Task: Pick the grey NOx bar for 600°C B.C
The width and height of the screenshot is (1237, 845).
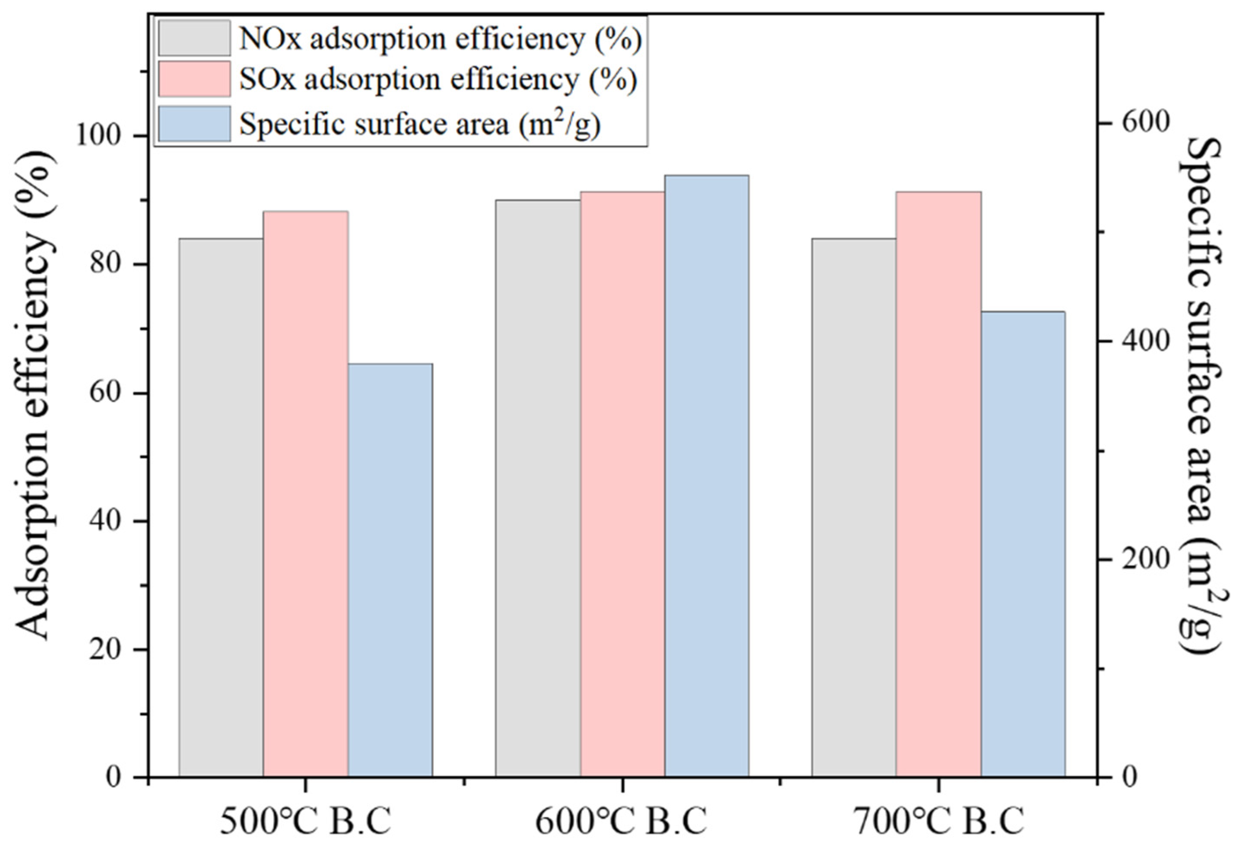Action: tap(538, 489)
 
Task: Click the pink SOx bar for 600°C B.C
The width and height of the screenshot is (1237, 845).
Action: tap(622, 485)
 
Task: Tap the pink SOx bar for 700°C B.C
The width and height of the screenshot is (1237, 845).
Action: tap(939, 485)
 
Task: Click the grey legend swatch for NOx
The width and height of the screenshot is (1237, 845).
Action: tap(194, 38)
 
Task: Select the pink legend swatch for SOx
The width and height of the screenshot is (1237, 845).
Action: tap(194, 79)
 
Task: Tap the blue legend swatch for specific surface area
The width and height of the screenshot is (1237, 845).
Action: tap(194, 123)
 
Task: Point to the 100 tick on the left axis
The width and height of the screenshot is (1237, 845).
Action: tap(104, 136)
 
